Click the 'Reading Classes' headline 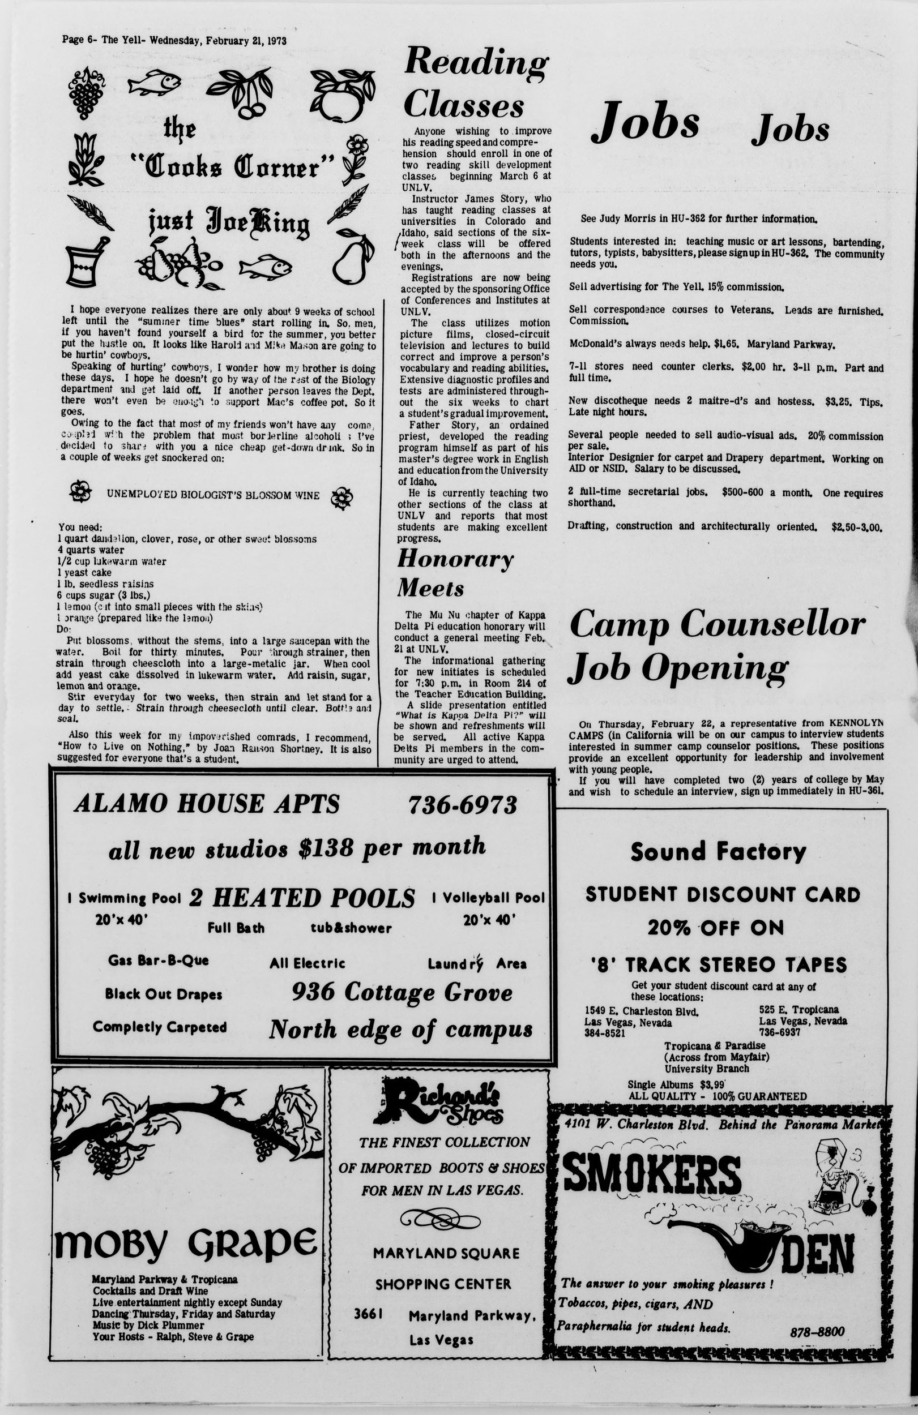pos(474,83)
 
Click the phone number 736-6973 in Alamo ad pos(462,805)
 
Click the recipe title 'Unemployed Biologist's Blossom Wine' pos(212,495)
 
